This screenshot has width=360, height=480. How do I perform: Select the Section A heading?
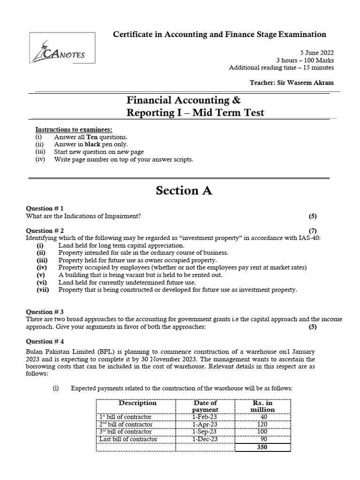[x=184, y=190]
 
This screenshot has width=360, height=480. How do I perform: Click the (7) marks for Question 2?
[x=313, y=231]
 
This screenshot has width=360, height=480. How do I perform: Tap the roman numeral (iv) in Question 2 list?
[x=41, y=268]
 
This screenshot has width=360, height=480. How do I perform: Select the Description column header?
[x=137, y=403]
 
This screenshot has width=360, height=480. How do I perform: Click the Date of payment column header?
[x=205, y=406]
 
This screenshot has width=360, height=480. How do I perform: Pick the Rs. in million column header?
[x=262, y=406]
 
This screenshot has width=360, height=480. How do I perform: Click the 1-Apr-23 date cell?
[x=205, y=425]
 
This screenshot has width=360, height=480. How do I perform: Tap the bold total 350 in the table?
[x=262, y=447]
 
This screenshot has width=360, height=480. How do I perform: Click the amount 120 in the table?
[x=263, y=425]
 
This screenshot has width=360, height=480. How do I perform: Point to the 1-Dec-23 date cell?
[x=205, y=439]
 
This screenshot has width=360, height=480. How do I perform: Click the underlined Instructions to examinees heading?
[x=74, y=129]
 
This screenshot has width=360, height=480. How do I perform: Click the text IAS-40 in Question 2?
[x=310, y=238]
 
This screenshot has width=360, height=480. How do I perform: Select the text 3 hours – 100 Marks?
[x=305, y=60]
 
